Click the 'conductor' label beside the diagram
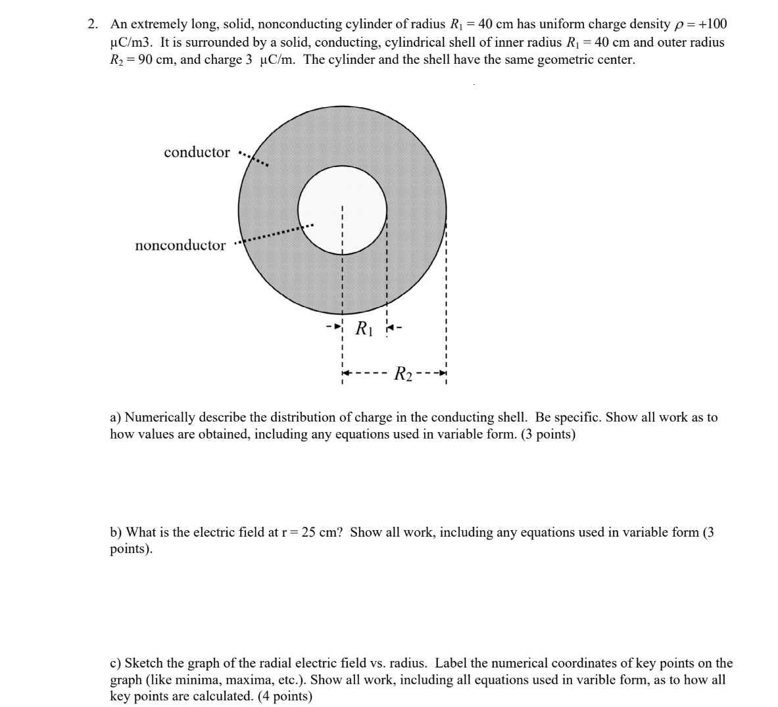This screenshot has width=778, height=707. (197, 153)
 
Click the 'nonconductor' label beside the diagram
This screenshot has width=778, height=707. (180, 246)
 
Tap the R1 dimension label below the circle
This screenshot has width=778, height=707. (364, 328)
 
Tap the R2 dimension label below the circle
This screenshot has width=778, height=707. (403, 375)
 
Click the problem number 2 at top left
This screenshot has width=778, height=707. (93, 25)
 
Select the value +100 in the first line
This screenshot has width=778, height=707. (712, 25)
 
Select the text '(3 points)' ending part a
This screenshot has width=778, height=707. (548, 435)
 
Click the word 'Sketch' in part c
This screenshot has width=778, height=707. (145, 663)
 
